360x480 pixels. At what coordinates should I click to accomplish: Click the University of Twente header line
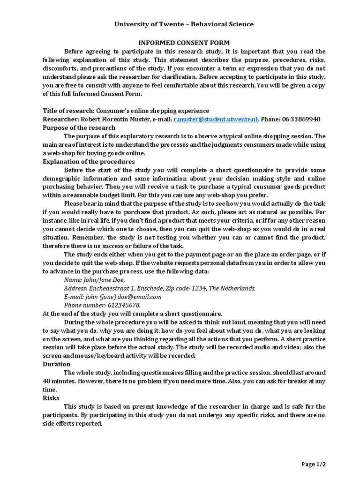click(184, 24)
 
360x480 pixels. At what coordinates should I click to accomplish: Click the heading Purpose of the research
click(79, 127)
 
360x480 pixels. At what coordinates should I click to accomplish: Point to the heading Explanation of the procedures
click(89, 161)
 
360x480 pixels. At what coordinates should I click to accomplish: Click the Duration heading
click(57, 364)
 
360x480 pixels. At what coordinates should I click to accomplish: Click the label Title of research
click(68, 111)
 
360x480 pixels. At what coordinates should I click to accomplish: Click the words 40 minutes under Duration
click(59, 381)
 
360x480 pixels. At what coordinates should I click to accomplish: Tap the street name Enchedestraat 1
click(111, 288)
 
